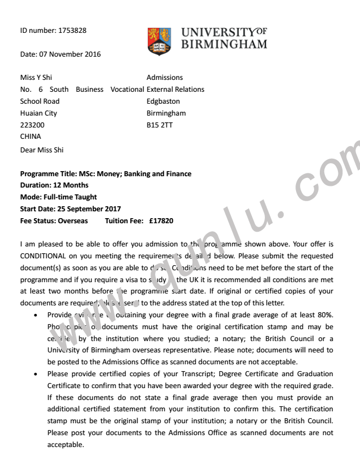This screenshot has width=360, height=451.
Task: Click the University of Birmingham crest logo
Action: click(x=158, y=40)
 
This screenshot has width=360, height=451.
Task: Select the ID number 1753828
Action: click(x=72, y=31)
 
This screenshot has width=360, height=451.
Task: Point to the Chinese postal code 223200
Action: click(x=32, y=125)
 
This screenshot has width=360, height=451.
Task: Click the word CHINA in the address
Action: click(x=31, y=137)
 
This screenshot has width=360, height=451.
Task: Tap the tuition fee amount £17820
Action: click(x=161, y=220)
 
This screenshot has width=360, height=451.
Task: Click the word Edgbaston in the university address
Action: click(x=163, y=101)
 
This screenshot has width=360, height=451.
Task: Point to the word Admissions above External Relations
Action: click(x=165, y=77)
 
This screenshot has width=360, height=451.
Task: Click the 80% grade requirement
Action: click(x=325, y=315)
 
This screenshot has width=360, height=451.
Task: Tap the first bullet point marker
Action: click(x=36, y=315)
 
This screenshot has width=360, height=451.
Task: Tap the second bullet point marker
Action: click(x=36, y=374)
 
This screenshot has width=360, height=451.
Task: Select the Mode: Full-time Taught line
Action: click(x=58, y=197)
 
